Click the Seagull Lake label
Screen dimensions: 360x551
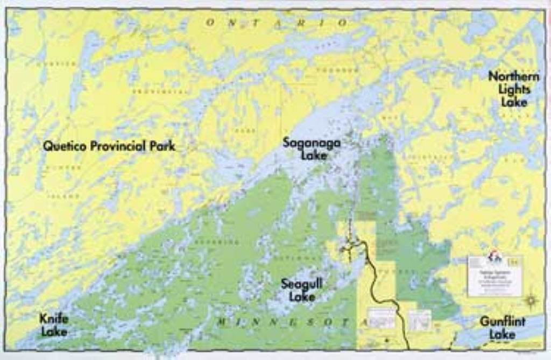tap(301, 290)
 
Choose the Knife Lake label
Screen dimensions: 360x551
tap(54, 324)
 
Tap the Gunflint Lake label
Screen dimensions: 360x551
tap(503, 328)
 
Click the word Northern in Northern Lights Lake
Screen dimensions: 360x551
tap(513, 76)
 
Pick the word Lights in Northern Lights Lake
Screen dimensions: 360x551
tap(514, 89)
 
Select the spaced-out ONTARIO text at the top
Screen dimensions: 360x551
tap(277, 23)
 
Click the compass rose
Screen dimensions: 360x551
tap(532, 300)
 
